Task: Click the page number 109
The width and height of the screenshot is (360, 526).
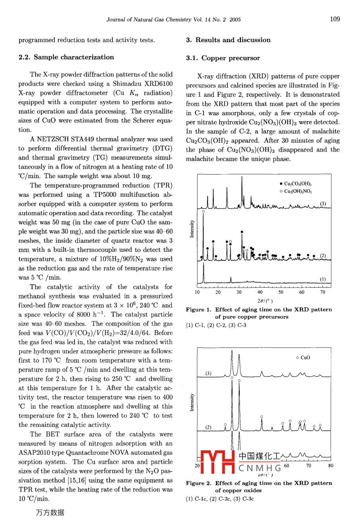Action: (335, 19)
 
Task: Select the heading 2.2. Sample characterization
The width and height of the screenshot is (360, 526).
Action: (66, 57)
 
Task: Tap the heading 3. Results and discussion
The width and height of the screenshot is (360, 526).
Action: (228, 40)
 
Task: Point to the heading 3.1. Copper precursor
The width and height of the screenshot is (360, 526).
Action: (223, 58)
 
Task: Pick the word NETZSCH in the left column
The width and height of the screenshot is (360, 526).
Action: (55, 139)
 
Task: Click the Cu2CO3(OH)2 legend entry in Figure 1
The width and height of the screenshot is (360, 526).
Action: (297, 184)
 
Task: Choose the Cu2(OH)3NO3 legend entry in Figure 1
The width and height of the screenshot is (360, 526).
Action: (297, 191)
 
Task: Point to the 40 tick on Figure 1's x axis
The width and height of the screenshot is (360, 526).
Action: (260, 292)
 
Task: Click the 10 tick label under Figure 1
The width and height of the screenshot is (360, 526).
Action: (197, 292)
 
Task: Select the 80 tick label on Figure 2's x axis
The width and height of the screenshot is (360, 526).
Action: (330, 465)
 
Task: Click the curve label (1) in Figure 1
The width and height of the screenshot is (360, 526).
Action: (323, 279)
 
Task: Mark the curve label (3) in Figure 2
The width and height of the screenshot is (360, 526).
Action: (208, 373)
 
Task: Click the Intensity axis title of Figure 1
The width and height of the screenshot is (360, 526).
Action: (192, 229)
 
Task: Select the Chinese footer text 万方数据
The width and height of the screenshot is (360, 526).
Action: (50, 513)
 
